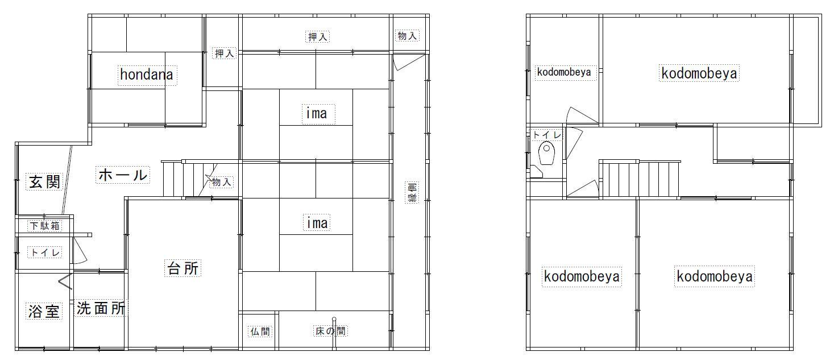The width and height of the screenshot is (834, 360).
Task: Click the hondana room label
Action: click(x=147, y=75)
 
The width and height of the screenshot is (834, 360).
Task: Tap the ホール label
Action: click(x=123, y=175)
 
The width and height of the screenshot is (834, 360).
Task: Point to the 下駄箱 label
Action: click(x=45, y=226)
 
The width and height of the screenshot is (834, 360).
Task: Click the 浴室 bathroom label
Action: click(x=44, y=311)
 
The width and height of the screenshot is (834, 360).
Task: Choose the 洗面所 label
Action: click(x=101, y=308)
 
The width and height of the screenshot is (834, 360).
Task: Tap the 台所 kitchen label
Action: click(x=183, y=268)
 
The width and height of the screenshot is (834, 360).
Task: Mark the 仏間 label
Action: click(x=260, y=332)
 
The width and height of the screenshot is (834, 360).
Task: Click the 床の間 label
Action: click(x=330, y=331)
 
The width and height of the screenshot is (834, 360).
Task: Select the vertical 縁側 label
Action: click(x=412, y=192)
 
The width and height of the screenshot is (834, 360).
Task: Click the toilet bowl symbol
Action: click(x=546, y=152)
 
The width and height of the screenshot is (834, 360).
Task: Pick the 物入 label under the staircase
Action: click(x=222, y=182)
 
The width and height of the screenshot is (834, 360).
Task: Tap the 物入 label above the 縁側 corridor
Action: click(x=407, y=36)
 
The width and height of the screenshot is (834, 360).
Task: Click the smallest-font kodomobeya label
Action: click(x=564, y=72)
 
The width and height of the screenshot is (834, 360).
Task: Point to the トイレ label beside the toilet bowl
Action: click(x=547, y=135)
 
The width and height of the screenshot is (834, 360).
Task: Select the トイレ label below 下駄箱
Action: click(x=45, y=253)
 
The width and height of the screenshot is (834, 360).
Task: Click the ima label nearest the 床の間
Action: click(x=317, y=222)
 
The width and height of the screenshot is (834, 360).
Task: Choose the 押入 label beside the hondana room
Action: click(x=225, y=53)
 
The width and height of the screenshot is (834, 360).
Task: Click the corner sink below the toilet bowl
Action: click(x=536, y=172)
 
